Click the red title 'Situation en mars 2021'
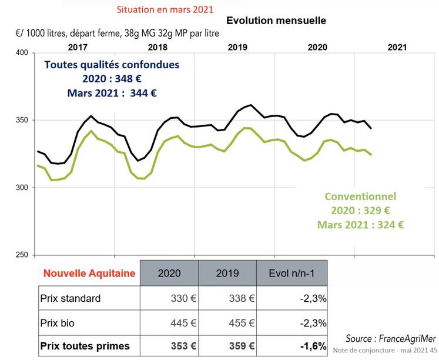[166, 10]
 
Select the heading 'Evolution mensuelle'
[276, 21]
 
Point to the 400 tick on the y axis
[21, 53]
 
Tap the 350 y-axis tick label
[21, 120]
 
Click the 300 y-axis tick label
[21, 188]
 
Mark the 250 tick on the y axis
[21, 255]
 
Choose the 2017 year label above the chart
[79, 46]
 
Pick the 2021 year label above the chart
[398, 46]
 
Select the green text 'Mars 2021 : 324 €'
[361, 225]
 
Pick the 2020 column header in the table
[169, 274]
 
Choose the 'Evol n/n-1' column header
[291, 274]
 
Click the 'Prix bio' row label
[59, 322]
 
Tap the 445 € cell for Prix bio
[182, 322]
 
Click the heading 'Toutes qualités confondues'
[112, 65]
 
